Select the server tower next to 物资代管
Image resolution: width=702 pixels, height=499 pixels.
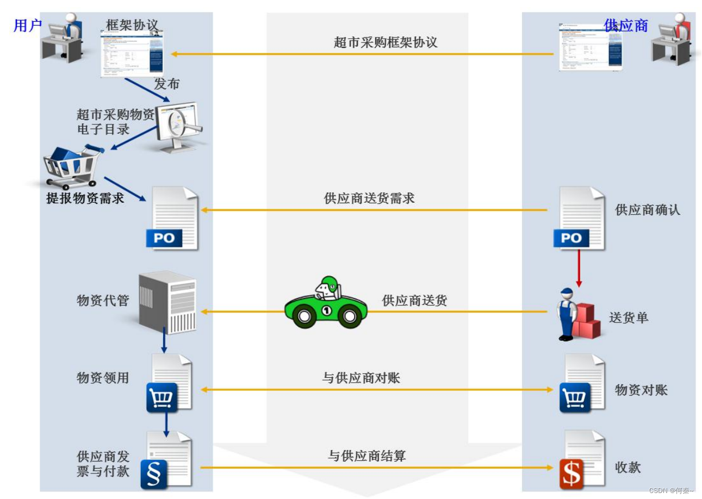[x=167, y=302]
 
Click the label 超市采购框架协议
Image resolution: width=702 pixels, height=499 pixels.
[x=386, y=42]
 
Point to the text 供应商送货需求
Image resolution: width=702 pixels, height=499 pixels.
[x=369, y=198]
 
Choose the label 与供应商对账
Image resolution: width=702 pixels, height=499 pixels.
[x=361, y=378]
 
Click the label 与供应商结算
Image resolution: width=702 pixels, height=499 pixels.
[x=366, y=456]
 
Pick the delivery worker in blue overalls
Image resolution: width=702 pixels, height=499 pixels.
[x=567, y=314]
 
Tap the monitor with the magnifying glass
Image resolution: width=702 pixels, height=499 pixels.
[x=178, y=127]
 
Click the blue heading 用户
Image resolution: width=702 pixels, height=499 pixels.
[x=27, y=25]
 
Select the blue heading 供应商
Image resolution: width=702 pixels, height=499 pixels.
[x=626, y=25]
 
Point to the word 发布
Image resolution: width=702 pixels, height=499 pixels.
[x=166, y=84]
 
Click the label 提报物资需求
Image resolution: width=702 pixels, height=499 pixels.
[x=85, y=198]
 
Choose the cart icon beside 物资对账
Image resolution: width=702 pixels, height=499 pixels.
[x=575, y=398]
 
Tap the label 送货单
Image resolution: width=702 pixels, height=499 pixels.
[x=629, y=317]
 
